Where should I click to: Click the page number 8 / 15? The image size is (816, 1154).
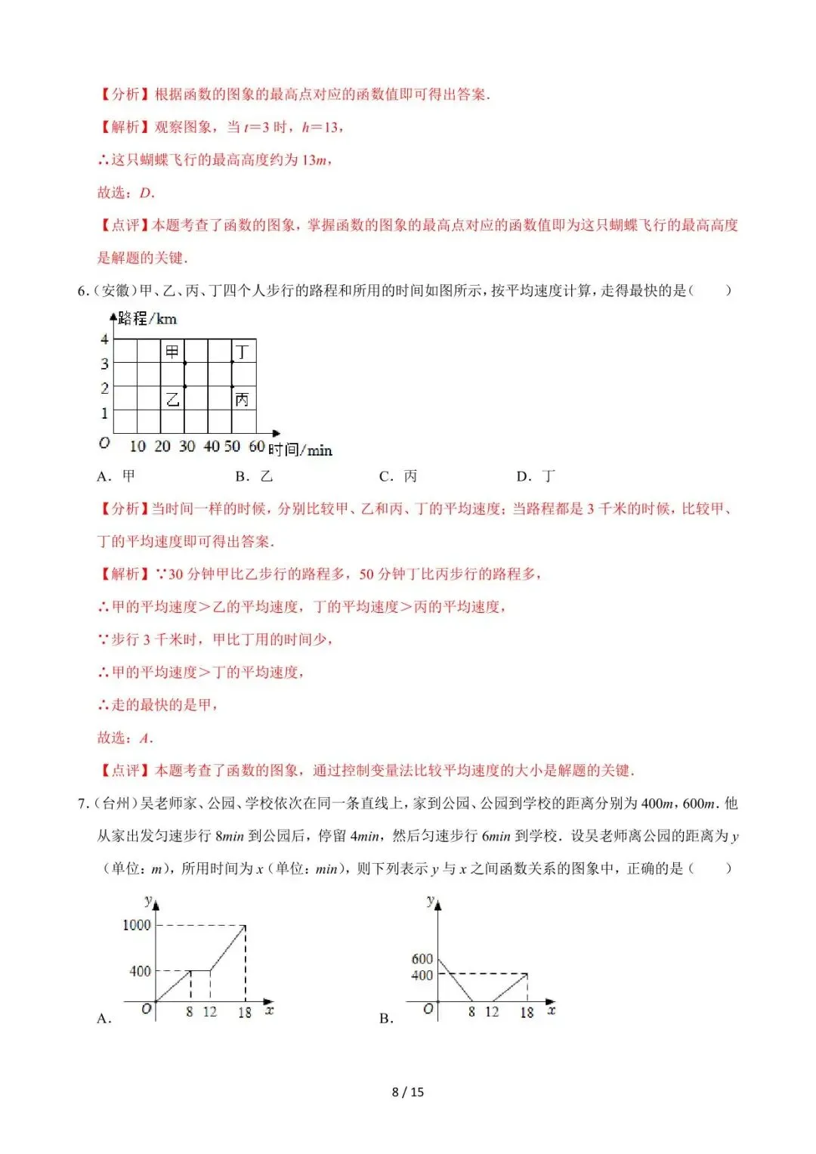pyautogui.click(x=408, y=1092)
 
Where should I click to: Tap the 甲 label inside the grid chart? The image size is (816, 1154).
pyautogui.click(x=172, y=351)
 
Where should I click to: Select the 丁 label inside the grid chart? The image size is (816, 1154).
pyautogui.click(x=242, y=351)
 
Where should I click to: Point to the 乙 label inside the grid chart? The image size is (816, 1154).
pyautogui.click(x=172, y=399)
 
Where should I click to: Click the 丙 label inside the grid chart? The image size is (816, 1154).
pyautogui.click(x=242, y=399)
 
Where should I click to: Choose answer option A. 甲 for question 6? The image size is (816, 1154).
pyautogui.click(x=116, y=476)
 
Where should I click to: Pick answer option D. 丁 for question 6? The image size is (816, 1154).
pyautogui.click(x=536, y=476)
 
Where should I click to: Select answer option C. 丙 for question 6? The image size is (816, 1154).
pyautogui.click(x=398, y=476)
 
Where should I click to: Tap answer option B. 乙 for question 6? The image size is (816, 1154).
pyautogui.click(x=254, y=476)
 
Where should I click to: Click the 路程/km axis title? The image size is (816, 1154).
pyautogui.click(x=147, y=319)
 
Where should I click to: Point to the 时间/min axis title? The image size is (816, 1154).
pyautogui.click(x=300, y=450)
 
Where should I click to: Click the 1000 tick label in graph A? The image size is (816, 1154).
pyautogui.click(x=137, y=925)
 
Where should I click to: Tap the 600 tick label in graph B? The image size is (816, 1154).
pyautogui.click(x=422, y=958)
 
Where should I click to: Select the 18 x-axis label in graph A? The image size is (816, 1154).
pyautogui.click(x=245, y=1012)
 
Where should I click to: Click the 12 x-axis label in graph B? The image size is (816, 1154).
pyautogui.click(x=492, y=1012)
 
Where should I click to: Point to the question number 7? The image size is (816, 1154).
pyautogui.click(x=83, y=803)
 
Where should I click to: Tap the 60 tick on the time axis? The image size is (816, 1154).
pyautogui.click(x=256, y=447)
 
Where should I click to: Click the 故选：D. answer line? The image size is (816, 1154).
pyautogui.click(x=126, y=193)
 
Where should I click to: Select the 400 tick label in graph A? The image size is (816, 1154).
pyautogui.click(x=140, y=971)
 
